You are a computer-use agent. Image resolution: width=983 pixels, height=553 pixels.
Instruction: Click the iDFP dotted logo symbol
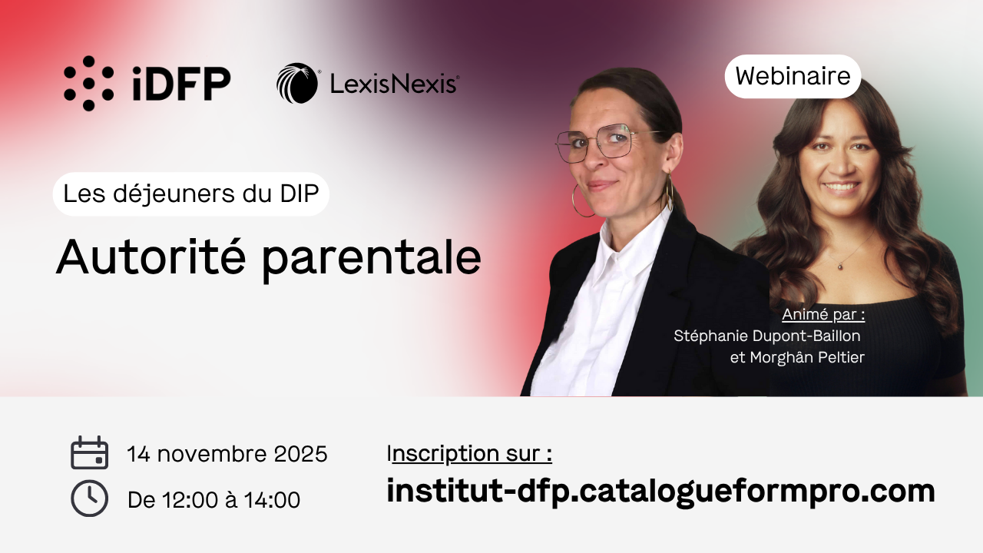click(x=88, y=84)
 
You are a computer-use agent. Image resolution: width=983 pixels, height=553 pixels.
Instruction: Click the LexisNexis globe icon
click(x=297, y=84)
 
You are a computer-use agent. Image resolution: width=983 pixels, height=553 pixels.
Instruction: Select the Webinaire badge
click(x=793, y=76)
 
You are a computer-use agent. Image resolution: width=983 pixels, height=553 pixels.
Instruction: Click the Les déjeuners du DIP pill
click(x=191, y=194)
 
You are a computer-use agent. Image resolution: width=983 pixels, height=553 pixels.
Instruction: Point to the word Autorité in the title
click(x=151, y=257)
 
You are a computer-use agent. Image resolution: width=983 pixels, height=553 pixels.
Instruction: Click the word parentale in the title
click(x=371, y=260)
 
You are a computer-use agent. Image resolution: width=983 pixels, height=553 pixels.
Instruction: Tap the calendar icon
click(x=90, y=453)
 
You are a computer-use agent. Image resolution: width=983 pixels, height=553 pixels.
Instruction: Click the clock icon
click(x=90, y=498)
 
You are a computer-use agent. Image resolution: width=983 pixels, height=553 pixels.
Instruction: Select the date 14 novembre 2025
click(x=227, y=454)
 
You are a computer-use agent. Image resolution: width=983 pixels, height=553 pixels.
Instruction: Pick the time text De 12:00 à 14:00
click(x=214, y=499)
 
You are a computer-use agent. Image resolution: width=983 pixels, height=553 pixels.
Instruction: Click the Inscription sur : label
click(x=469, y=454)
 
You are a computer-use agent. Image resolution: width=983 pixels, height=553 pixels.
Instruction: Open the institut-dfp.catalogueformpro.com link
click(x=661, y=492)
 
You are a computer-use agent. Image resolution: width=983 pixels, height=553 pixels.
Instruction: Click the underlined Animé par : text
click(x=823, y=315)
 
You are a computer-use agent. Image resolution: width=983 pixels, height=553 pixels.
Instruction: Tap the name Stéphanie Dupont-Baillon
click(x=767, y=336)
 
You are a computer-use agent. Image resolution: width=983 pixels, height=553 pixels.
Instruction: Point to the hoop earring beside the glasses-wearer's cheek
click(x=583, y=200)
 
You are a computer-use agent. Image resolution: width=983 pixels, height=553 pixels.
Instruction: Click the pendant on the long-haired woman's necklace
click(x=840, y=266)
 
